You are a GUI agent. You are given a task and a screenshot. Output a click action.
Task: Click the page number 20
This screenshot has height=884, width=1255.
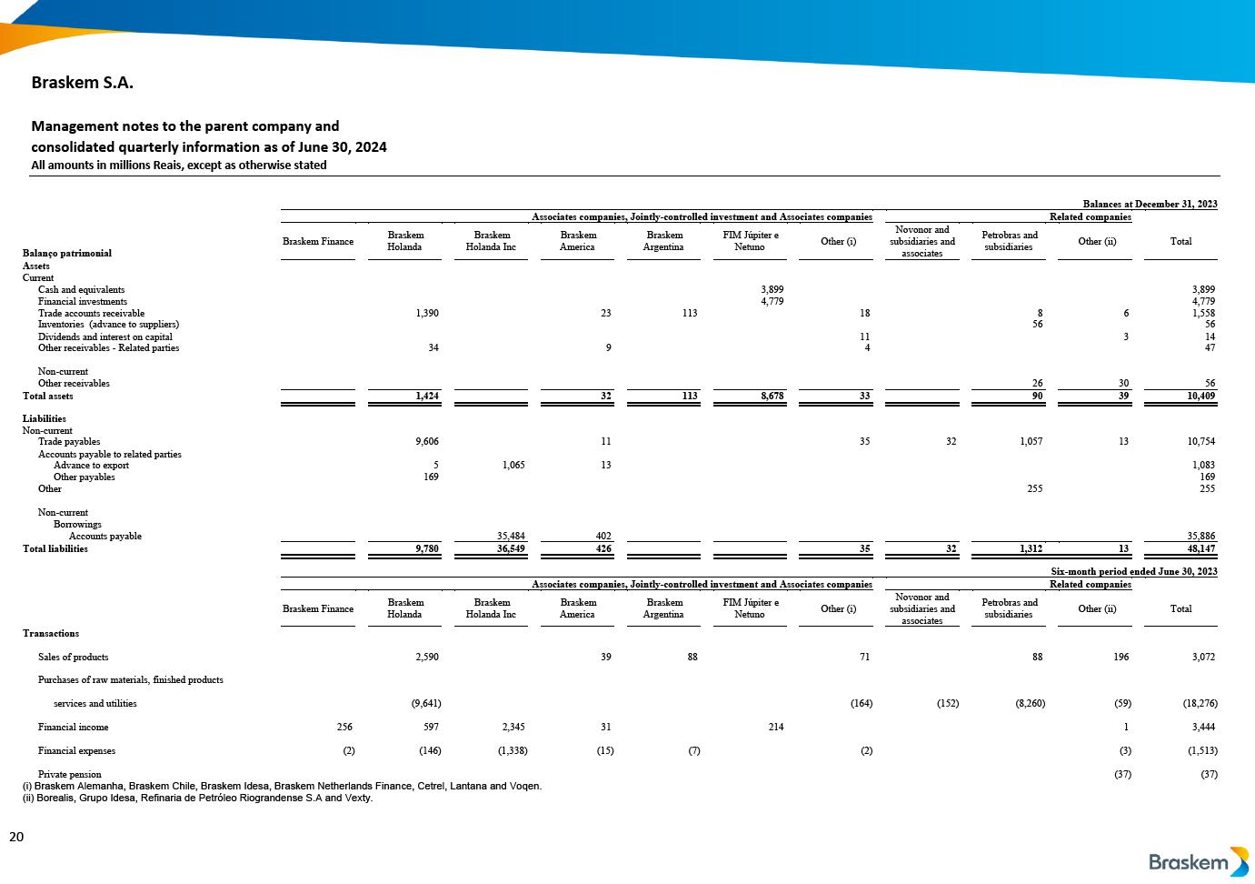[x=16, y=837]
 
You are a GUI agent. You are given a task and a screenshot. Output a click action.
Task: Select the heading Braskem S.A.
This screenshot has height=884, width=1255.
[x=83, y=83]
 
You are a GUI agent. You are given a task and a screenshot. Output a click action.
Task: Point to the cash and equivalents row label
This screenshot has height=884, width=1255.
[x=81, y=290]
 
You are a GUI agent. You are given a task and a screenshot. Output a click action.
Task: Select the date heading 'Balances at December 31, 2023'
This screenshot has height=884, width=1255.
[x=1150, y=205]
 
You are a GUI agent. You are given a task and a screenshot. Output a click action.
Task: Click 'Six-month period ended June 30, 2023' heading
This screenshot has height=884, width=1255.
[x=1133, y=572]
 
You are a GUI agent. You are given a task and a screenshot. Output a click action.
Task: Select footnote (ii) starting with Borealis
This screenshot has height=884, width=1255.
[x=197, y=799]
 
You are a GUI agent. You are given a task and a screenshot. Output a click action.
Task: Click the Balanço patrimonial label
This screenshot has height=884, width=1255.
[x=67, y=254]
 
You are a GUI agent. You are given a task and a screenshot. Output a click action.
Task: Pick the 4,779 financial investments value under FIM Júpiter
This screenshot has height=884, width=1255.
[x=772, y=302]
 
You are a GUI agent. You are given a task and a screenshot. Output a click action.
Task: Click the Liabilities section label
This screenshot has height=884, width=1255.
[x=45, y=419]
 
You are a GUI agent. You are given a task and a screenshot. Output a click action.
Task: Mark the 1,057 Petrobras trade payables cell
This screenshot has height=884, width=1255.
[x=1029, y=442]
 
